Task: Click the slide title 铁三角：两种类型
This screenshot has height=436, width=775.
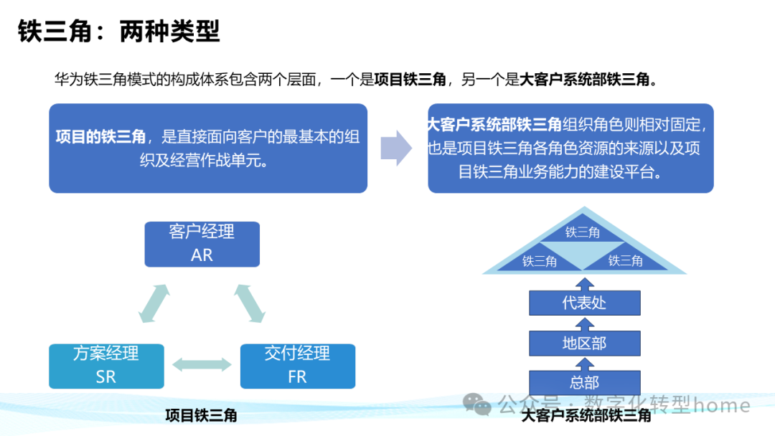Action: tap(118, 32)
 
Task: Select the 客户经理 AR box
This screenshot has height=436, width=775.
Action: tap(202, 244)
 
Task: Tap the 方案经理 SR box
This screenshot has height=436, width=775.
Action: tap(105, 366)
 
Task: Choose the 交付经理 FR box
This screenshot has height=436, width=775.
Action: tap(297, 366)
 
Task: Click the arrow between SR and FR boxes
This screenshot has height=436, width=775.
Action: tap(202, 365)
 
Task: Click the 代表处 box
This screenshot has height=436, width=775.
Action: tap(584, 303)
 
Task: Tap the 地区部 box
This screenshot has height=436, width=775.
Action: tap(584, 343)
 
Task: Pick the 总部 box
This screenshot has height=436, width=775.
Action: tap(584, 382)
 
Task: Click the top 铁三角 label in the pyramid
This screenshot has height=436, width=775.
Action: tap(583, 232)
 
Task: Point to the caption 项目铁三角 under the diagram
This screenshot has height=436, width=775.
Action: tap(201, 415)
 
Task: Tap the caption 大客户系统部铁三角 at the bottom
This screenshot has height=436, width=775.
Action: tap(586, 415)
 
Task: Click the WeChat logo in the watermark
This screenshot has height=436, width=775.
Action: tap(477, 405)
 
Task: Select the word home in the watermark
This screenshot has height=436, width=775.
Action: tap(722, 405)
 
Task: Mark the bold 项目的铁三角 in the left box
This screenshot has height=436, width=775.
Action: tap(100, 137)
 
